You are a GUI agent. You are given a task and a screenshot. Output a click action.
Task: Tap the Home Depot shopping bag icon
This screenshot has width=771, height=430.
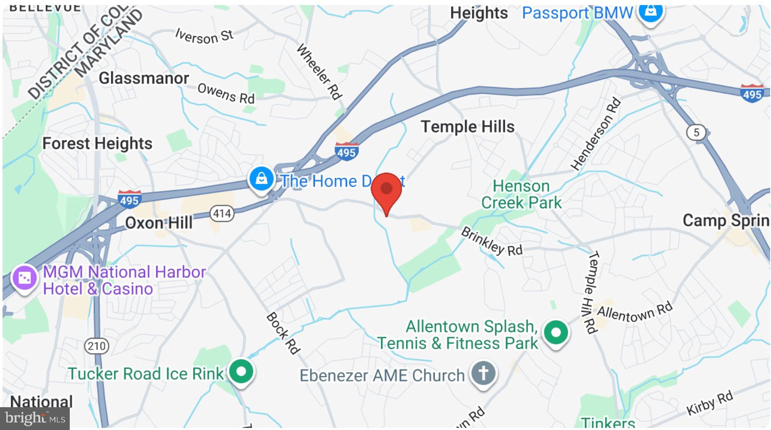coord(261,179)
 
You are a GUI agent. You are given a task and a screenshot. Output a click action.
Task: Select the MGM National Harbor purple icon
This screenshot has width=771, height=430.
coord(24,278)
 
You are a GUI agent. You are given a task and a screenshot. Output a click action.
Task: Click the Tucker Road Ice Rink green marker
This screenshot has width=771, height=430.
coord(241,372)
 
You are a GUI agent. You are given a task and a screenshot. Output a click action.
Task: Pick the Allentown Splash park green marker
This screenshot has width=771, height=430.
coord(556,332)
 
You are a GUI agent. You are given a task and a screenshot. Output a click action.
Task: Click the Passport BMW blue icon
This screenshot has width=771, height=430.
coord(651,12)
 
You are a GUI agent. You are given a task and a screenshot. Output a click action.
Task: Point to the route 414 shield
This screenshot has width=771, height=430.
coord(222,213)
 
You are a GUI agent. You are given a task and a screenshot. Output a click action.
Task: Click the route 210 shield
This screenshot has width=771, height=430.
coord(97,346)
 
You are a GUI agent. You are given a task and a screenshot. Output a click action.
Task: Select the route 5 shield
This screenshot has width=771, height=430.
coord(696,133)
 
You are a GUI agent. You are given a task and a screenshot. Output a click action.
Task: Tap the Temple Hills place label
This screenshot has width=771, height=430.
coord(468,126)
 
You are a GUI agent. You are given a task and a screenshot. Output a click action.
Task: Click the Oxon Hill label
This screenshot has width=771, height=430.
coord(159,223)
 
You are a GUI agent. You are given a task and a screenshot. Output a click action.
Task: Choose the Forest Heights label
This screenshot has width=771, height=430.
coord(97,144)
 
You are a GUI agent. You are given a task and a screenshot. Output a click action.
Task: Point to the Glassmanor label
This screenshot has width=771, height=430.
coord(144,78)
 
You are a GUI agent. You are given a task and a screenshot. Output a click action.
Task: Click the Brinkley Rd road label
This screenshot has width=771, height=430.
coord(492,241)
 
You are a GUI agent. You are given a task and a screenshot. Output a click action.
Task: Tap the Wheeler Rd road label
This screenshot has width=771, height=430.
coord(319,71)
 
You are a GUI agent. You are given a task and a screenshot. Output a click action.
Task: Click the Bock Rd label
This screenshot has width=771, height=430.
coord(283,333)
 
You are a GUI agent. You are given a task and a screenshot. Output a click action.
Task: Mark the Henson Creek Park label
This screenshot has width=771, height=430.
coord(521,194)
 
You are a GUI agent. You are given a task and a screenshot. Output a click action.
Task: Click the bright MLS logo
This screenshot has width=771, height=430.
coord(35,418)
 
